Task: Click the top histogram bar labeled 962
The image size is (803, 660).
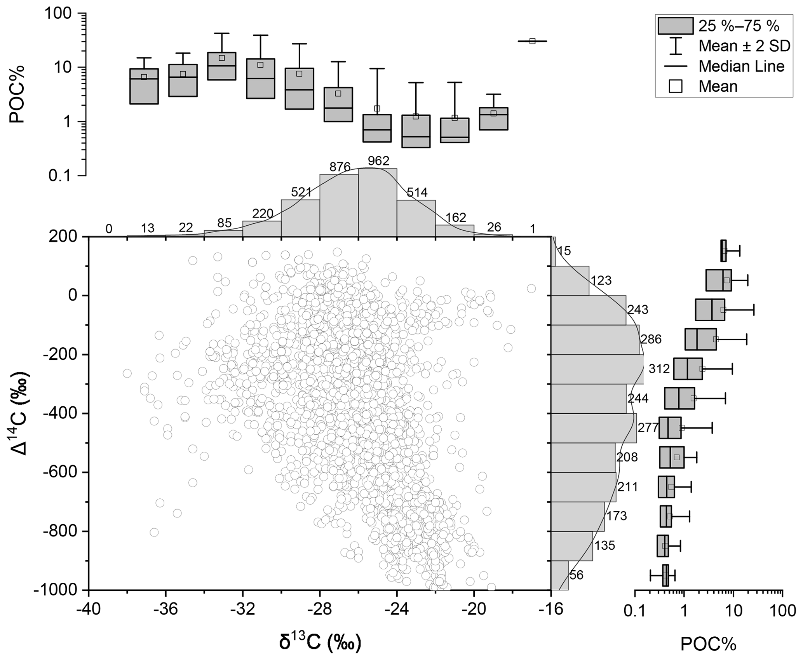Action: [378, 202]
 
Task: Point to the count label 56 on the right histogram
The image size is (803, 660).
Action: [576, 575]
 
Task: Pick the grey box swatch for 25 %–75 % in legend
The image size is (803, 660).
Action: [676, 26]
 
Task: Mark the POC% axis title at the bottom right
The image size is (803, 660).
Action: [708, 644]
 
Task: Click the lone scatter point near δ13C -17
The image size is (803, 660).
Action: [531, 289]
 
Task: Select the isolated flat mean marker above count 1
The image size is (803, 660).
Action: [532, 41]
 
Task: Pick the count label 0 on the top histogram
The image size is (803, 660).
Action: [109, 229]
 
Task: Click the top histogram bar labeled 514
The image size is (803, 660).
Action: [416, 218]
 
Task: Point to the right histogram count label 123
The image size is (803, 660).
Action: [601, 280]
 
